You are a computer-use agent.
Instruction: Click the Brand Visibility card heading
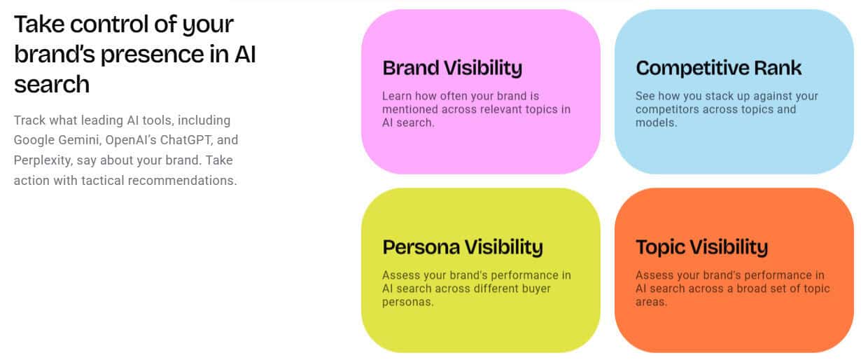click(x=452, y=69)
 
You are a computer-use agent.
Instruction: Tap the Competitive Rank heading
click(x=719, y=68)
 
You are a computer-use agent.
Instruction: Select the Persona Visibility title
click(x=463, y=247)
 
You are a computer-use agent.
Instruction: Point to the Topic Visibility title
click(x=702, y=247)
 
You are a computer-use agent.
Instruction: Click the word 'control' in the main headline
click(x=109, y=25)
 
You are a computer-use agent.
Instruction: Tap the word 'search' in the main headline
click(x=52, y=85)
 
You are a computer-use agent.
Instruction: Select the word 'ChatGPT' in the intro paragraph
click(x=185, y=140)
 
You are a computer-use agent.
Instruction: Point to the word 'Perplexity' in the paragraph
click(x=43, y=160)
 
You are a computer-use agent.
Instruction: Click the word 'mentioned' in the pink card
click(x=410, y=109)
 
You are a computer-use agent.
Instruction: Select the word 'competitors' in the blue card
click(x=667, y=110)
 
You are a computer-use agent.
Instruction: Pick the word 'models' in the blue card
click(x=656, y=123)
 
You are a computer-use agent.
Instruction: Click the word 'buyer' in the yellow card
click(x=536, y=289)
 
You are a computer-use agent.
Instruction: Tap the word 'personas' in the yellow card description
click(x=408, y=303)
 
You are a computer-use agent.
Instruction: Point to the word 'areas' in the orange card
click(x=651, y=303)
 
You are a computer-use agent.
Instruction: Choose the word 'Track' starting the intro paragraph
click(x=29, y=120)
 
